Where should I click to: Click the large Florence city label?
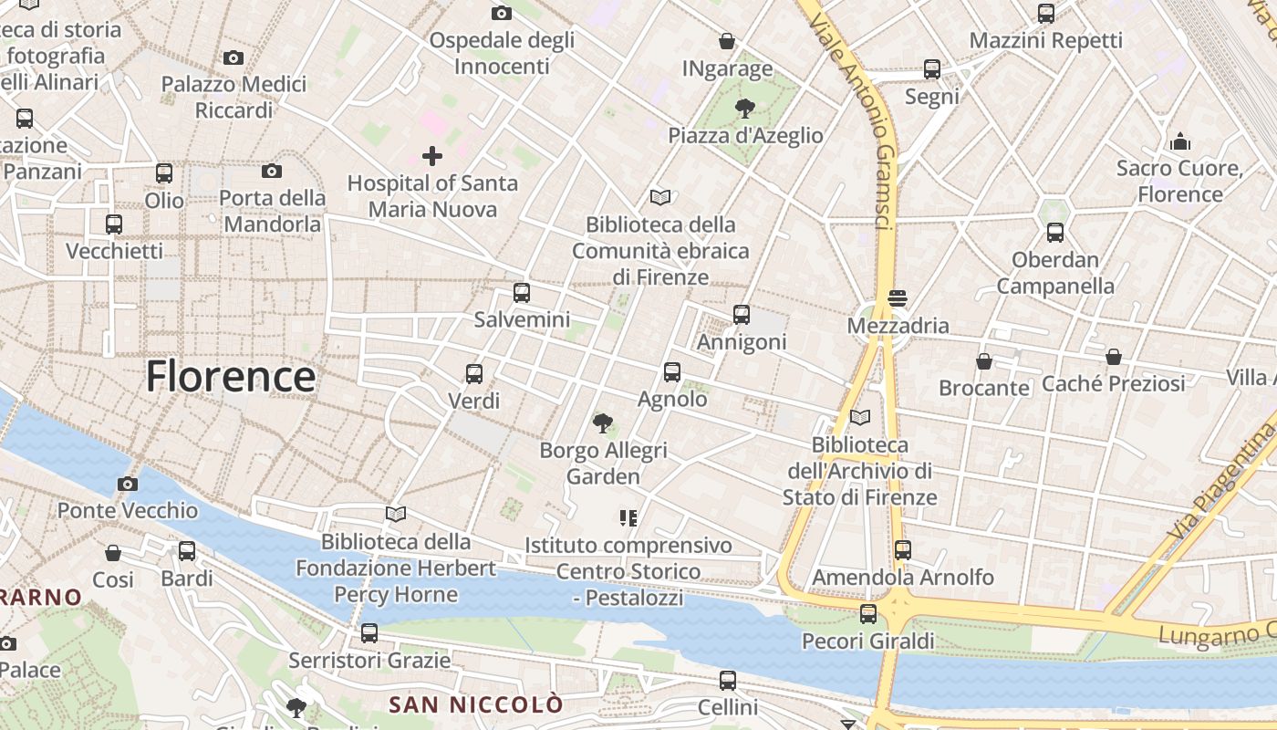point(231,376)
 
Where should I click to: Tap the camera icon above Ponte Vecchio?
point(128,484)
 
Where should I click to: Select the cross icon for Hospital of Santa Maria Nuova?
point(432,156)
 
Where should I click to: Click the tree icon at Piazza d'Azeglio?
point(745,109)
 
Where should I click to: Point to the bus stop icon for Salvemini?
point(522,293)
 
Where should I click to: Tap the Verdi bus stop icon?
point(474,373)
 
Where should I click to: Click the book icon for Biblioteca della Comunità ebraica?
point(660,197)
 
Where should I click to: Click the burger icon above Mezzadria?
point(898,298)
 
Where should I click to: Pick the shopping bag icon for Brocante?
point(984,361)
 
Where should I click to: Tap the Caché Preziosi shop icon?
point(1114,357)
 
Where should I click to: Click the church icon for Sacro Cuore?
point(1180,142)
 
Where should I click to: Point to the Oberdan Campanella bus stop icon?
point(1055,233)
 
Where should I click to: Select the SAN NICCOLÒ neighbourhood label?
point(476,704)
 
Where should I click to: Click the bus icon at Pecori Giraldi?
point(868,614)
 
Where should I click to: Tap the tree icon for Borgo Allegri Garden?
point(602,422)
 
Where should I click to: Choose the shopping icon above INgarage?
point(727,41)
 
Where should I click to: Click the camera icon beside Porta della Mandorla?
point(272,171)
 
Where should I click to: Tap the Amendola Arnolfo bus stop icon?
point(903,550)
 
